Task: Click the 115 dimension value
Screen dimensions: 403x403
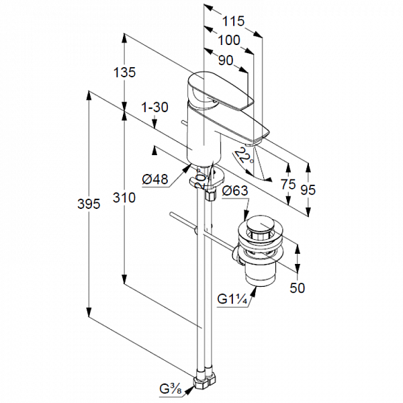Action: [x=232, y=20]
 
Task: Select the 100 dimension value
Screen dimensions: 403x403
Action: [x=228, y=40]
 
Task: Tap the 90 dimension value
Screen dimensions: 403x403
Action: [x=226, y=60]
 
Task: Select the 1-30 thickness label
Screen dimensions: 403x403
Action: [x=154, y=107]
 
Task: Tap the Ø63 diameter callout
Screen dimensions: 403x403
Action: [x=235, y=191]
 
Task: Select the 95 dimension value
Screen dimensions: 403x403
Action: [x=308, y=189]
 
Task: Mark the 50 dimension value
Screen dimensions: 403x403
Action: [x=298, y=287]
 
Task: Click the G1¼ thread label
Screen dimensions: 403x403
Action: [x=233, y=300]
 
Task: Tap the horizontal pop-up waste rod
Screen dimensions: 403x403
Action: [x=201, y=231]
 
